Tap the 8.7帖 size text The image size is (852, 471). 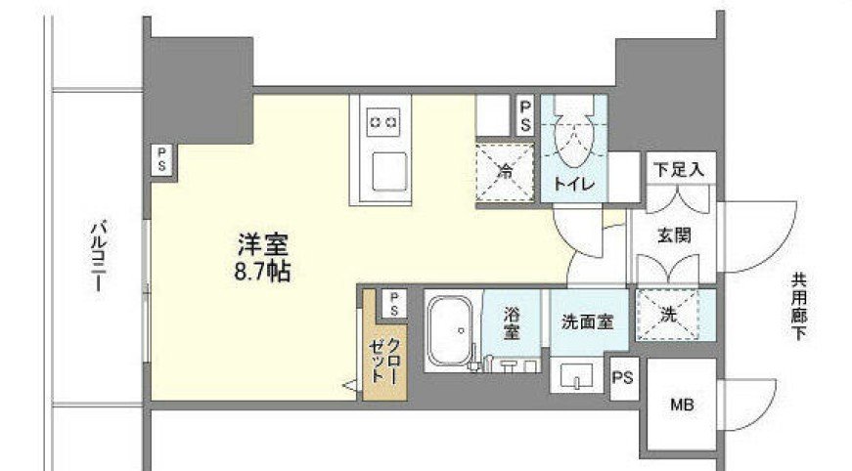[x=263, y=271]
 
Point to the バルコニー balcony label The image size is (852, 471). [x=98, y=256]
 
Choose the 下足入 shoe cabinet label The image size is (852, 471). [x=679, y=168]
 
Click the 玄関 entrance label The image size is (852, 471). [x=675, y=235]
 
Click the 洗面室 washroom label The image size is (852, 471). [x=587, y=321]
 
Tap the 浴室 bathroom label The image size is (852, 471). [x=511, y=323]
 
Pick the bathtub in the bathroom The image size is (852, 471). [x=451, y=332]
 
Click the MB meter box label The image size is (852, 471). [x=682, y=404]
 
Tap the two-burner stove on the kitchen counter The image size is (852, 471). [x=383, y=122]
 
